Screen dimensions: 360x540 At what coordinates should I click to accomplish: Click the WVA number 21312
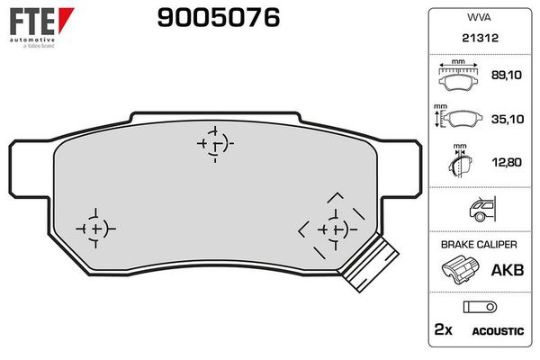[477, 39]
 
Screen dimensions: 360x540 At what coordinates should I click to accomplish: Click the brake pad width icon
[459, 78]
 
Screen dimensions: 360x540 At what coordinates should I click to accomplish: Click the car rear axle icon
[477, 211]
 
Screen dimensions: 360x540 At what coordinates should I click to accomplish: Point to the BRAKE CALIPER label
[477, 245]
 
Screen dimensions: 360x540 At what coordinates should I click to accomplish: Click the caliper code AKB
[505, 269]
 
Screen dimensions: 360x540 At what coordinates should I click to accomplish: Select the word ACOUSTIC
[498, 331]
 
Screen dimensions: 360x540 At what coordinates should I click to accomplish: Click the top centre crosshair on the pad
[214, 142]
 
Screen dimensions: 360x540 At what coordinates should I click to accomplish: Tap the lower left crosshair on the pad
[95, 229]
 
